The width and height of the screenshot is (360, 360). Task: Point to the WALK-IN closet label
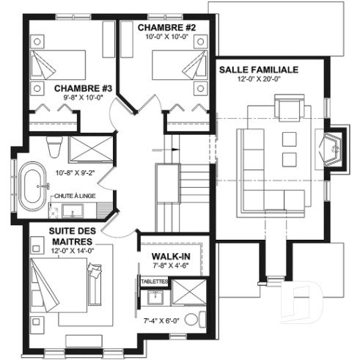[x=171, y=256]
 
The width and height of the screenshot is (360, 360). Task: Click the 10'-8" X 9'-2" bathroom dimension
[x=78, y=174]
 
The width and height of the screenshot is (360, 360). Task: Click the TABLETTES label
[x=153, y=282]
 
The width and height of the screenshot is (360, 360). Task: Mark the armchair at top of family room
[x=287, y=109]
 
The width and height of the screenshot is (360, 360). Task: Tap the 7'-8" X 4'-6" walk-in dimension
[x=171, y=265]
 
